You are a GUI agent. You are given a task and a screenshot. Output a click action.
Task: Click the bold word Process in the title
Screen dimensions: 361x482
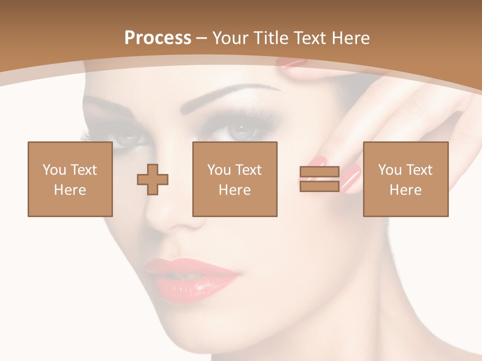[158, 38]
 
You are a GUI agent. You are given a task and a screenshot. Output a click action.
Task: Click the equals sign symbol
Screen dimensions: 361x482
[319, 179]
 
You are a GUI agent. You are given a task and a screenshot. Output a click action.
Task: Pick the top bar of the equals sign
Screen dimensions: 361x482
[319, 172]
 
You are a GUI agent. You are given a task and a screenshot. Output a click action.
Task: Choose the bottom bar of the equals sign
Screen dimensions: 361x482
[319, 186]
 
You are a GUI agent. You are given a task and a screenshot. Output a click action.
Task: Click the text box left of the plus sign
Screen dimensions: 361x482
[70, 179]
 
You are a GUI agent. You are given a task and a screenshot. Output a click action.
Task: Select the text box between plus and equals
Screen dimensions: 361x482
[234, 179]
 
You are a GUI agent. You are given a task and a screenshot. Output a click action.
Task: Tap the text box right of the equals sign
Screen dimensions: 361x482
[405, 179]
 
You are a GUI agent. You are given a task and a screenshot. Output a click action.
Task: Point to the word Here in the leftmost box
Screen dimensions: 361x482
[70, 190]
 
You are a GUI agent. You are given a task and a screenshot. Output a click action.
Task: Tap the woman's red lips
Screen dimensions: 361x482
[193, 278]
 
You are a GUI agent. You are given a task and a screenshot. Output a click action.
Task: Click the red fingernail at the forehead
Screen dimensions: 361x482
[291, 63]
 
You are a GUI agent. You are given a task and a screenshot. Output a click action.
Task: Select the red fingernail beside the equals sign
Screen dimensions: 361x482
[351, 178]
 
